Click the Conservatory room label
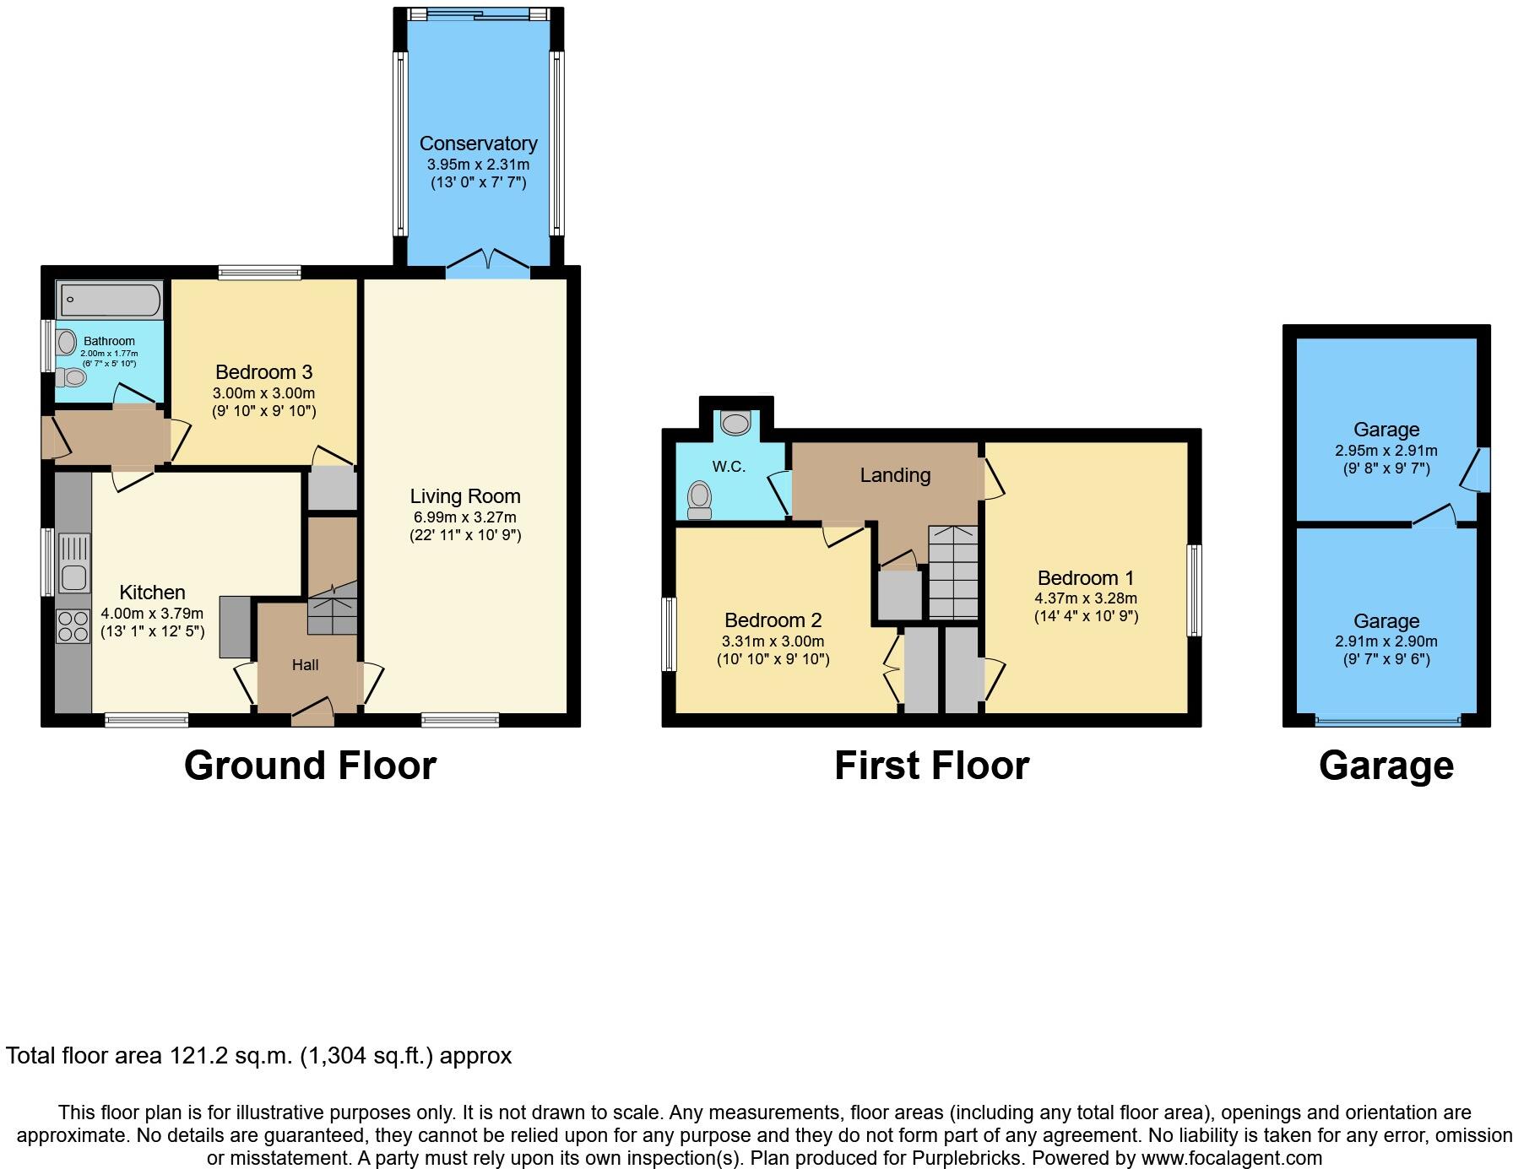click(x=478, y=143)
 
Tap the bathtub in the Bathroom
click(x=109, y=299)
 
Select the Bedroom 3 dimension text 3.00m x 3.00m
click(x=263, y=393)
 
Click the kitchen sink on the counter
click(x=74, y=564)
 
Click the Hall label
click(x=305, y=665)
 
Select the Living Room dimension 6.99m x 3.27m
click(x=464, y=517)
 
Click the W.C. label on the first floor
click(x=729, y=467)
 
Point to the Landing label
click(x=895, y=475)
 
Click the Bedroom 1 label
click(x=1085, y=578)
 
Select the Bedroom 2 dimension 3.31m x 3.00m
click(x=773, y=641)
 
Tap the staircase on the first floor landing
click(x=953, y=573)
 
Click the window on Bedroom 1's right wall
click(x=1194, y=590)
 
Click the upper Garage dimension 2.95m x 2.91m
click(x=1386, y=451)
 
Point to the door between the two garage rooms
click(x=1434, y=519)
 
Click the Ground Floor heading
click(x=310, y=766)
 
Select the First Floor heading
click(x=931, y=766)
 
